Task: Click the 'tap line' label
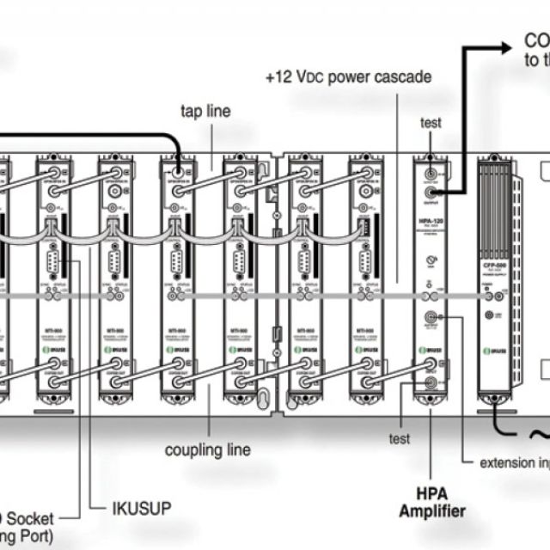pyautogui.click(x=205, y=112)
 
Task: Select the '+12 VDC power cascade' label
pyautogui.click(x=348, y=77)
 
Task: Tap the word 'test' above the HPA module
pyautogui.click(x=431, y=123)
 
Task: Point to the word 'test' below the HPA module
pyautogui.click(x=399, y=440)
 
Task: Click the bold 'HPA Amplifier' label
pyautogui.click(x=431, y=504)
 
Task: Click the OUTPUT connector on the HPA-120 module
pyautogui.click(x=431, y=181)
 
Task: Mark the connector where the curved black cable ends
pyautogui.click(x=179, y=169)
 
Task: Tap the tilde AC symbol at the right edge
pyautogui.click(x=540, y=436)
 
